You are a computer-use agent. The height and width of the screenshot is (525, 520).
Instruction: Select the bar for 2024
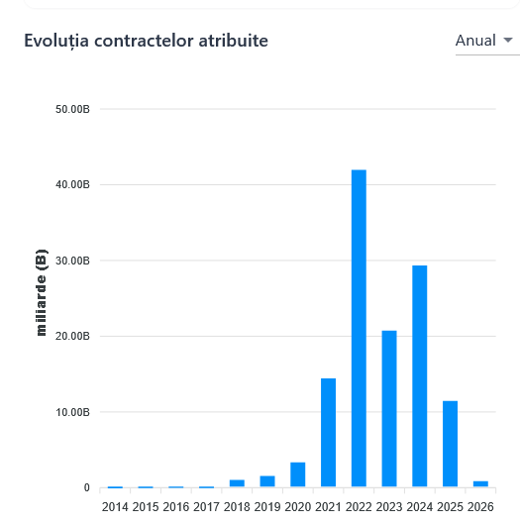click(x=420, y=376)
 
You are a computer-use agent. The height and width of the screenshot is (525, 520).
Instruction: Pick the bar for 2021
click(x=328, y=433)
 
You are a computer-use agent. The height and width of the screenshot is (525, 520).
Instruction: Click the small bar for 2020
click(x=298, y=475)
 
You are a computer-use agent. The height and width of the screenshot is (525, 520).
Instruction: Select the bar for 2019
click(x=267, y=481)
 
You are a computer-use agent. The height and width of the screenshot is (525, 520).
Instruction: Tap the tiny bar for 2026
click(x=480, y=483)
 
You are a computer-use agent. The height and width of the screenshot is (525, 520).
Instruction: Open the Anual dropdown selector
click(x=485, y=41)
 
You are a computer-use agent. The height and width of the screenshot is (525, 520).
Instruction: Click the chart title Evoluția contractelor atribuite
click(x=146, y=41)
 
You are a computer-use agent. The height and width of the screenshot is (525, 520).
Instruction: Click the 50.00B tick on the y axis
click(x=73, y=109)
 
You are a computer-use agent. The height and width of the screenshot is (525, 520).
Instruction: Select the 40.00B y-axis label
click(x=73, y=185)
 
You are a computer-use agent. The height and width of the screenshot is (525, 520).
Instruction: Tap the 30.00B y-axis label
click(x=73, y=261)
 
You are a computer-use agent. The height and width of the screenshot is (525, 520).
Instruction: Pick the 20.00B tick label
click(x=73, y=337)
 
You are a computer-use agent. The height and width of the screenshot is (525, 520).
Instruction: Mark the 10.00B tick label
click(x=73, y=412)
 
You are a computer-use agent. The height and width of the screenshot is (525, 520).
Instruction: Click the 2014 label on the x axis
click(x=115, y=507)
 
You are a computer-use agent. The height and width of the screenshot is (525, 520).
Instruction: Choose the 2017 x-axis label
click(x=206, y=507)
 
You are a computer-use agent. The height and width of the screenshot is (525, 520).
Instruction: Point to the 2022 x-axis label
click(x=359, y=507)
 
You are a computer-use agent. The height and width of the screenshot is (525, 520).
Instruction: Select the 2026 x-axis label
click(x=480, y=507)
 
